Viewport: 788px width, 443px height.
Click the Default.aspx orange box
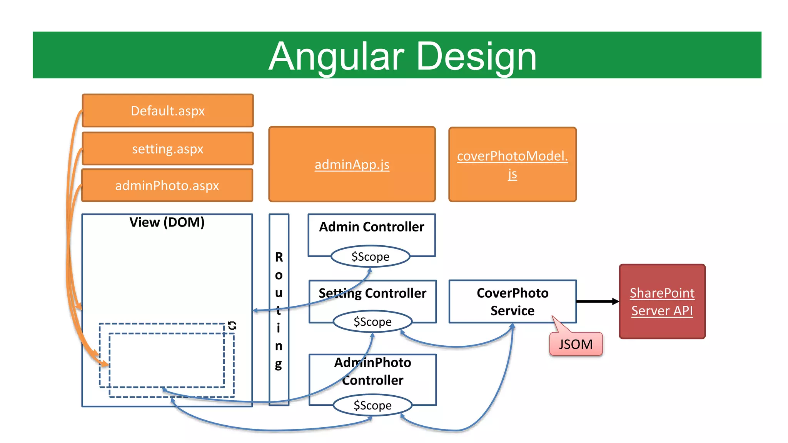[x=168, y=111]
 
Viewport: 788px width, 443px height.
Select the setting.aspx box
[x=168, y=149]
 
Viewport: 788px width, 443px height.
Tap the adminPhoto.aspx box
[x=167, y=186]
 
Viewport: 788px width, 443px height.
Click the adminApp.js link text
[x=352, y=165]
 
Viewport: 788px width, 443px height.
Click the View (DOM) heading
[x=167, y=222]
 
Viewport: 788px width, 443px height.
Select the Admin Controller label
[x=371, y=227]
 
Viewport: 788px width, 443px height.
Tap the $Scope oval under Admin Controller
[x=370, y=256]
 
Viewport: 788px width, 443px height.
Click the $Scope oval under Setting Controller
[x=372, y=321]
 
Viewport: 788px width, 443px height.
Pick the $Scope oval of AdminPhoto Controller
[x=372, y=405]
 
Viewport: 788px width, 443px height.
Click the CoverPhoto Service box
[x=512, y=301]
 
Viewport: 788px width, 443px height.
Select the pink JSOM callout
[x=576, y=344]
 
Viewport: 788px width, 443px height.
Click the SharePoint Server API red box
[x=662, y=301]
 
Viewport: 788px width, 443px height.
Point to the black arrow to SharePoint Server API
[x=596, y=301]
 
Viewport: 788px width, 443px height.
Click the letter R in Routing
[x=279, y=257]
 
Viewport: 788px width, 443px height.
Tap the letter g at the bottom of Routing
[x=279, y=363]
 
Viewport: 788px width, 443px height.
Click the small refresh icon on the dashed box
[x=232, y=325]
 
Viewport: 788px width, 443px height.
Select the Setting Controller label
[x=372, y=293]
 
